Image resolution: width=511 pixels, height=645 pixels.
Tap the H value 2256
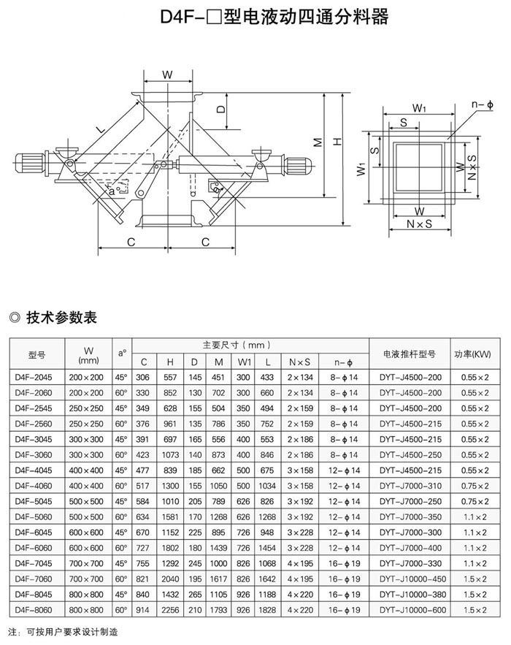pyautogui.click(x=169, y=608)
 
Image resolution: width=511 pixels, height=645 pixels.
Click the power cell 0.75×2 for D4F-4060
pyautogui.click(x=474, y=485)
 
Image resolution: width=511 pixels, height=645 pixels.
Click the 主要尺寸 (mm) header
pyautogui.click(x=236, y=345)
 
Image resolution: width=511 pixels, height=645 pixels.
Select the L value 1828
pyautogui.click(x=266, y=608)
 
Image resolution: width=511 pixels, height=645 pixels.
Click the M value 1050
pyautogui.click(x=219, y=485)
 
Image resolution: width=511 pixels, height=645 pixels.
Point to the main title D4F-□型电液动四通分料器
pyautogui.click(x=254, y=17)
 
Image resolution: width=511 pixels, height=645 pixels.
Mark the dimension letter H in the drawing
pyautogui.click(x=337, y=143)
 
